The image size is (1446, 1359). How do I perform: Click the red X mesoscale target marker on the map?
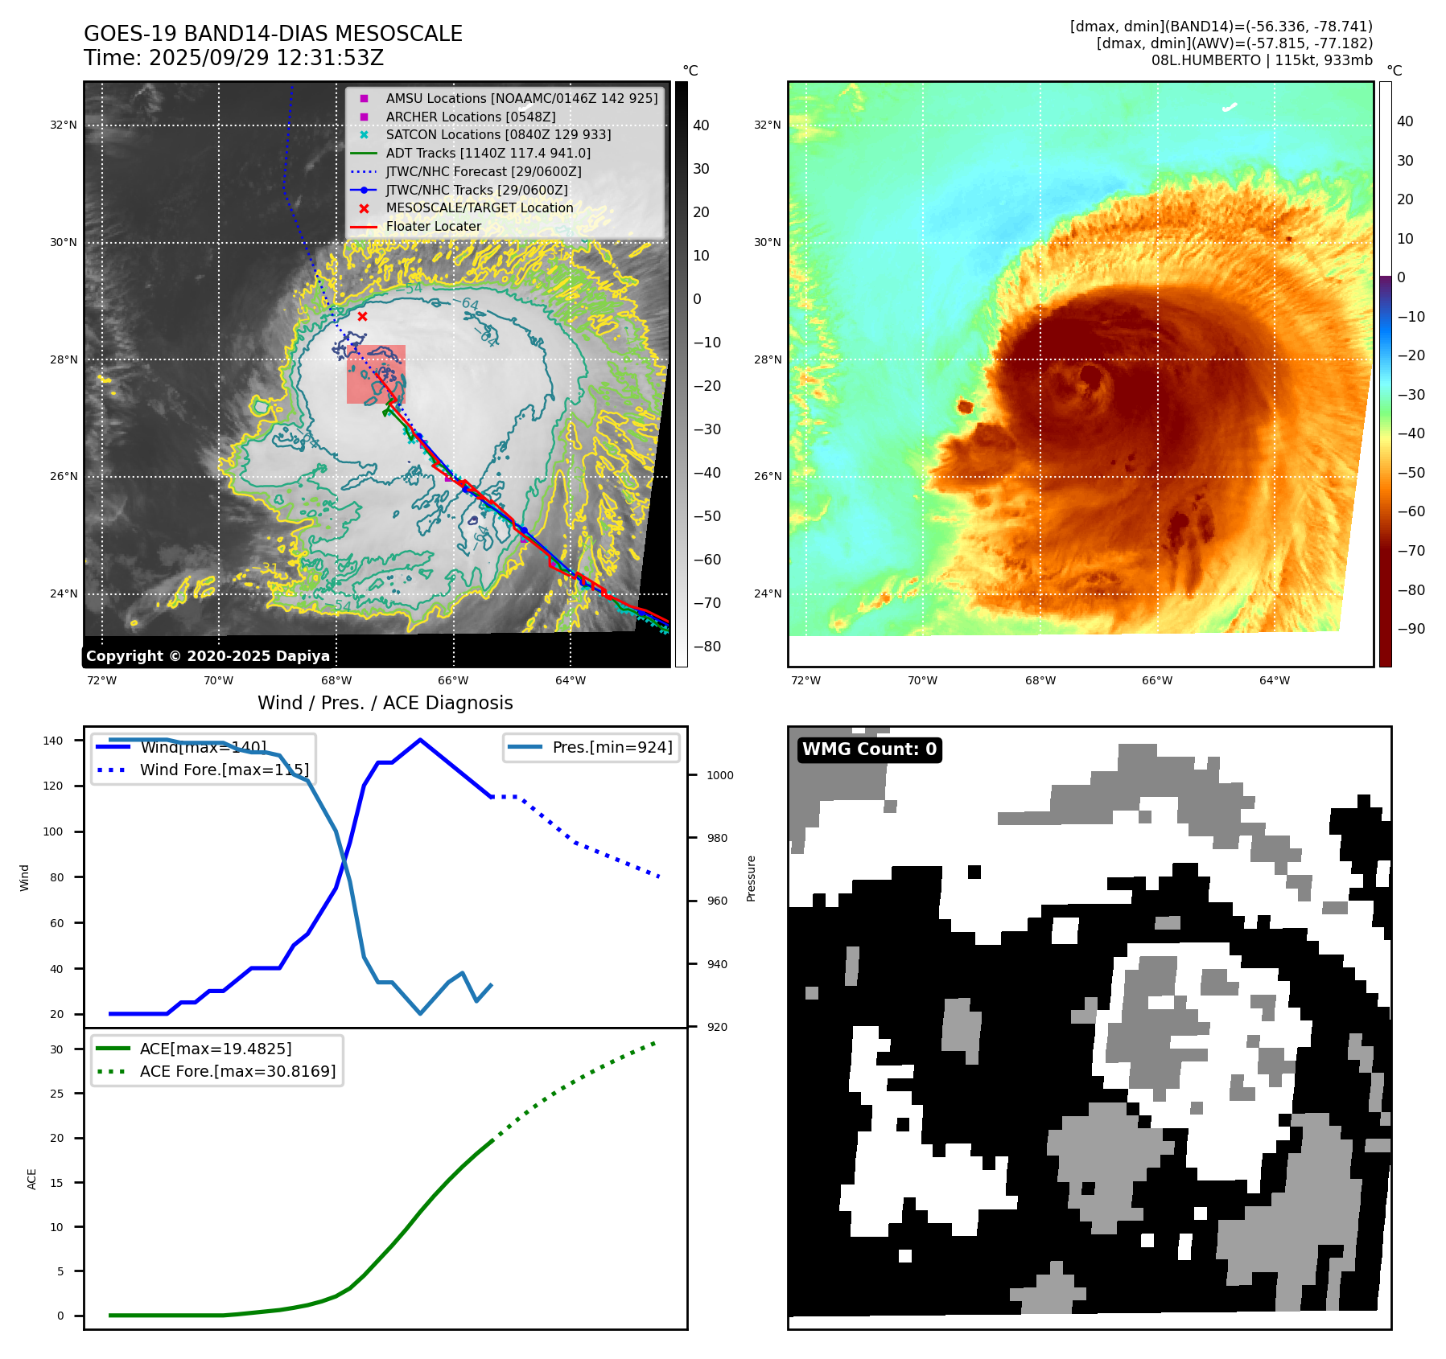point(362,316)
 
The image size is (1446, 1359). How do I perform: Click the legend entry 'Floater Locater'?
point(433,227)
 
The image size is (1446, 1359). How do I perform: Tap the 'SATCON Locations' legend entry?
point(498,134)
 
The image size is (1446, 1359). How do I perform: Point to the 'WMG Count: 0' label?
point(869,749)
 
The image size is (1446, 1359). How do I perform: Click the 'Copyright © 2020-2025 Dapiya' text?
point(208,656)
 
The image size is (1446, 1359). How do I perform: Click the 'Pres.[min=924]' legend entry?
point(612,747)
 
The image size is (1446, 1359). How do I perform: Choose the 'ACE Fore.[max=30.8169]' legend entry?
point(237,1071)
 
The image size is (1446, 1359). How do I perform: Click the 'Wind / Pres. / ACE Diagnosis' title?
point(385,703)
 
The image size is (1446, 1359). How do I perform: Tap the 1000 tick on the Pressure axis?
point(719,775)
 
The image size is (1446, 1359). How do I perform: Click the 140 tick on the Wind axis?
point(53,741)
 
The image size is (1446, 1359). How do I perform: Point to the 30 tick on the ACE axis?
point(56,1049)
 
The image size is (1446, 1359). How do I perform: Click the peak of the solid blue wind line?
point(420,740)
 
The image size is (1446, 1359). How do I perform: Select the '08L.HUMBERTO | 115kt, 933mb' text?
point(1261,60)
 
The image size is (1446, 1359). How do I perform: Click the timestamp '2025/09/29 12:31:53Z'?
point(266,58)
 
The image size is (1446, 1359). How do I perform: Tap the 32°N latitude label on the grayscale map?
point(64,125)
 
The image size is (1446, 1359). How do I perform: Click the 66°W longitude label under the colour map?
point(1156,680)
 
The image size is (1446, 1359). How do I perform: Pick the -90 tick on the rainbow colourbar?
point(1411,629)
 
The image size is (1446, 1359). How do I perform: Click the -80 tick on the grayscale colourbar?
point(707,647)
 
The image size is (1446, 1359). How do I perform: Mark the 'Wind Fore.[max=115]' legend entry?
point(224,770)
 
